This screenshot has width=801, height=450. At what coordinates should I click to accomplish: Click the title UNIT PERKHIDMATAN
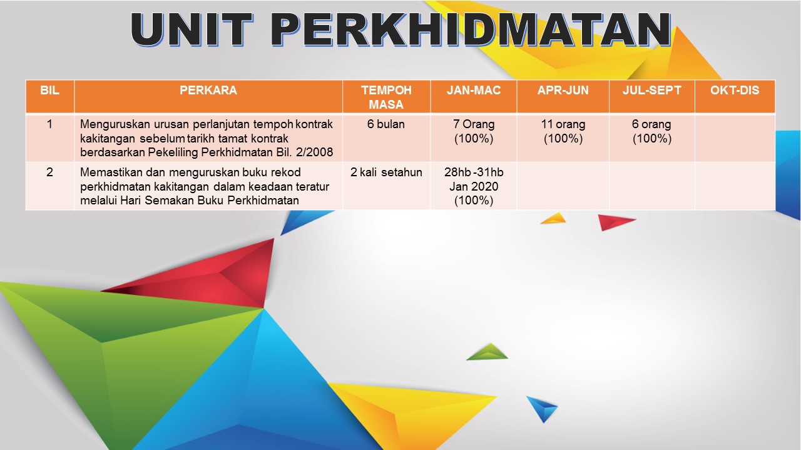click(x=400, y=29)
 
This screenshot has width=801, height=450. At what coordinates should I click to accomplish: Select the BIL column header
click(x=49, y=90)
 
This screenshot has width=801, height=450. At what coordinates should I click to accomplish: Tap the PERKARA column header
click(x=208, y=90)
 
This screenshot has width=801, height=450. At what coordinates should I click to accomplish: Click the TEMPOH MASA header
click(x=386, y=97)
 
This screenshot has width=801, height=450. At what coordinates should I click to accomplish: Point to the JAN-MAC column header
click(x=474, y=90)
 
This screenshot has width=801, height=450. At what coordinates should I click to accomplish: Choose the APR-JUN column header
click(x=563, y=90)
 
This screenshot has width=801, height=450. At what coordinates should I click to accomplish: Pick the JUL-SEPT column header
click(x=652, y=90)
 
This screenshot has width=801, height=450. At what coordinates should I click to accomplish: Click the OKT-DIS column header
click(x=735, y=90)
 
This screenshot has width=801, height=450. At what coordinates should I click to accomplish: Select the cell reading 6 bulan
click(x=386, y=124)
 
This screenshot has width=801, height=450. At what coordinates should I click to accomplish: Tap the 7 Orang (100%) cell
click(x=474, y=131)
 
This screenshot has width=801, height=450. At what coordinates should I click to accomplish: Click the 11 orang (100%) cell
click(x=563, y=131)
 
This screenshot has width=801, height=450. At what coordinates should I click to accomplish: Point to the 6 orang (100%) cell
click(x=652, y=131)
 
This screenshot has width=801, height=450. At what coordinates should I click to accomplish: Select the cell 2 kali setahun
click(x=386, y=172)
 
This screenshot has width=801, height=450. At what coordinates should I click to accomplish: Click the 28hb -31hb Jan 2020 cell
click(x=474, y=186)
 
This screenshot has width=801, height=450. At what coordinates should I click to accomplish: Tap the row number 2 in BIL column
click(x=49, y=172)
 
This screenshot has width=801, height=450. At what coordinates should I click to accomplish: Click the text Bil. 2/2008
click(x=305, y=152)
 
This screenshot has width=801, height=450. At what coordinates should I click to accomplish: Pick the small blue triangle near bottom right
click(x=543, y=408)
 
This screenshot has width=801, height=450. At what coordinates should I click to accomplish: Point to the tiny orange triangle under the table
click(x=554, y=219)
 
